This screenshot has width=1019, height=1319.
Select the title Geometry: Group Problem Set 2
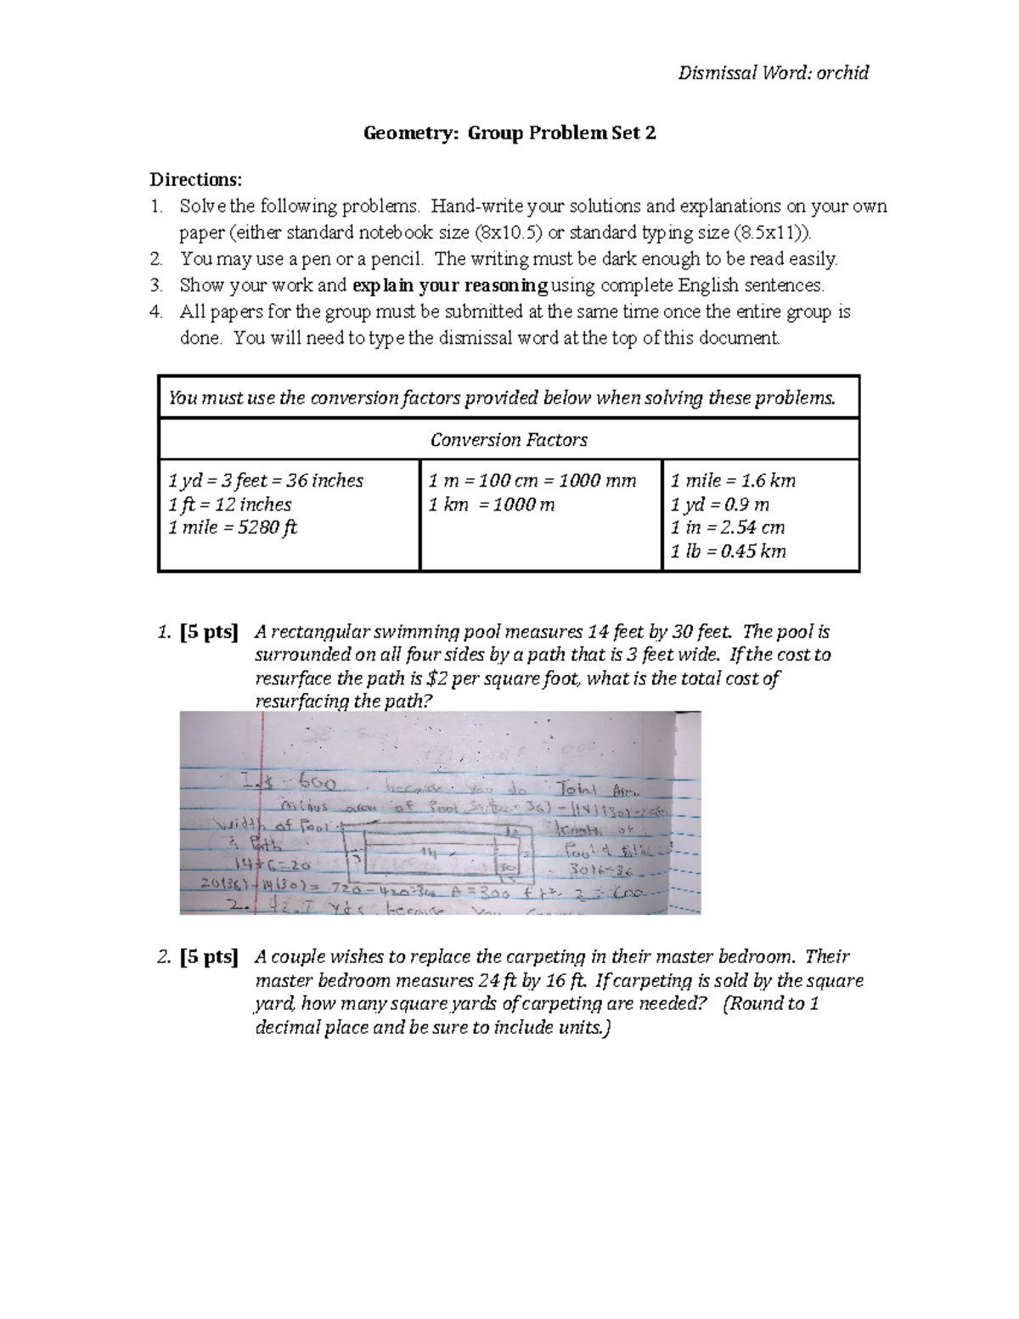[x=509, y=133]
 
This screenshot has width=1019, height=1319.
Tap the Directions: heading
[x=196, y=179]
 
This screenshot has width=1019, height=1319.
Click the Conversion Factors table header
[x=509, y=440]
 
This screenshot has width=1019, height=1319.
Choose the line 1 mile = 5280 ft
[x=233, y=527]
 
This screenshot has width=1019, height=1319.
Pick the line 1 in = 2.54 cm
[x=728, y=527]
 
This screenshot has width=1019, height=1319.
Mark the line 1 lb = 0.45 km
[x=728, y=551]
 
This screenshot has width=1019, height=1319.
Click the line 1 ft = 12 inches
[x=229, y=504]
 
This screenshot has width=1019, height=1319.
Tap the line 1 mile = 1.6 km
[x=733, y=481]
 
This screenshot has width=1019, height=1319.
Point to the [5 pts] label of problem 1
[x=209, y=632]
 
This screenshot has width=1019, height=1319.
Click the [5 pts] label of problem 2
[x=209, y=957]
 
